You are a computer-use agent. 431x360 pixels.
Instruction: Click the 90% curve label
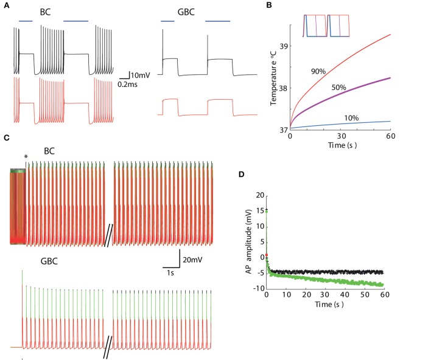(318, 71)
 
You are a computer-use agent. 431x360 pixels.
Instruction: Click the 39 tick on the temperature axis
(282, 46)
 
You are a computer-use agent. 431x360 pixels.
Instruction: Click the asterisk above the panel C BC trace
(26, 157)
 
